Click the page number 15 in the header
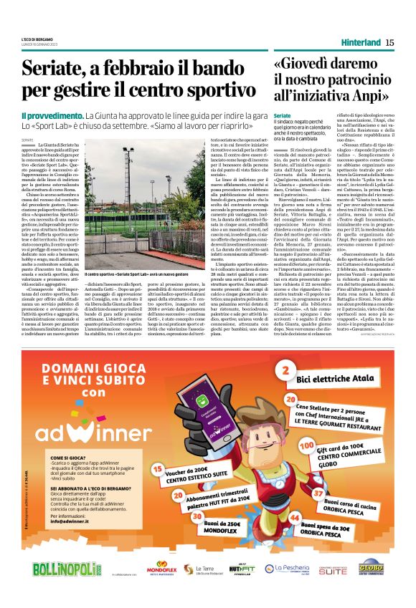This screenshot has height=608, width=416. [389, 42]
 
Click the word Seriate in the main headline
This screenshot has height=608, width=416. [55, 69]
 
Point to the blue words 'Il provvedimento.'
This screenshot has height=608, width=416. [52, 115]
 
